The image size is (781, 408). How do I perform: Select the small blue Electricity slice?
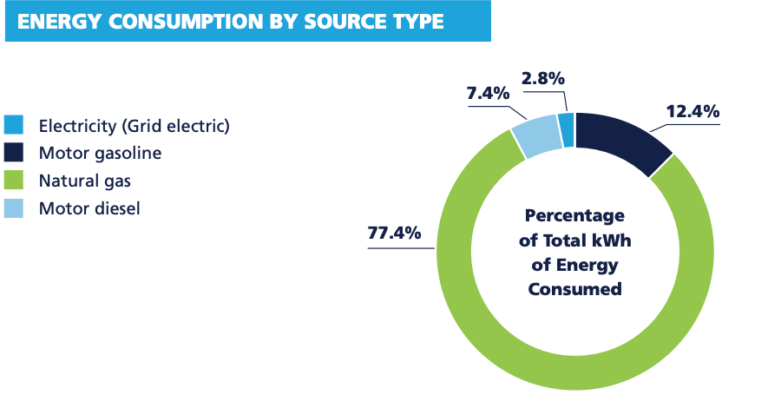pyautogui.click(x=567, y=129)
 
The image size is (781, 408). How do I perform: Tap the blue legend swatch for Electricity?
pyautogui.click(x=15, y=127)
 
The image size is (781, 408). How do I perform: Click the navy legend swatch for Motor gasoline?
pyautogui.click(x=15, y=154)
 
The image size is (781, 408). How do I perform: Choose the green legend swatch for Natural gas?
pyautogui.click(x=15, y=181)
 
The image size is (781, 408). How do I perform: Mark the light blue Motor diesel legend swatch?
pyautogui.click(x=15, y=208)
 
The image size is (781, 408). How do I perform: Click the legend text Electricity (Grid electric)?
pyautogui.click(x=135, y=127)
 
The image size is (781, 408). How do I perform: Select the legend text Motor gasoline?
pyautogui.click(x=101, y=154)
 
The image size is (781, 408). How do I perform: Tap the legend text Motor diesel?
pyautogui.click(x=89, y=208)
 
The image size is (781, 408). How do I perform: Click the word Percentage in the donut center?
pyautogui.click(x=574, y=215)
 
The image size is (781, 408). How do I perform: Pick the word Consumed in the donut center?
pyautogui.click(x=574, y=288)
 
